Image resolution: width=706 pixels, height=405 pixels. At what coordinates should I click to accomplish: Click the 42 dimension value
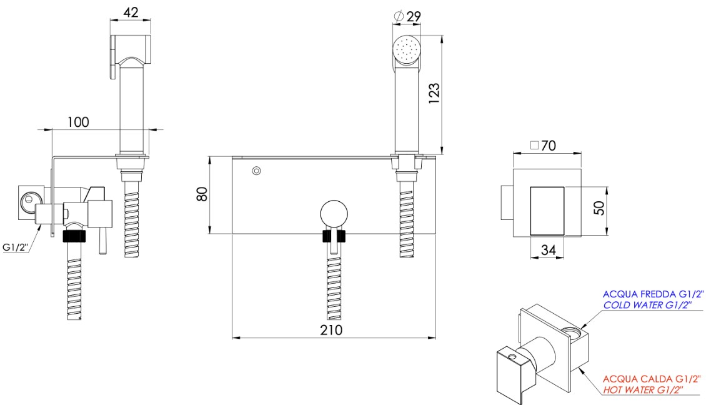[x=131, y=12]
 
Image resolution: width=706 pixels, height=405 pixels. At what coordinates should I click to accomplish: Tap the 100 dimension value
[x=78, y=122]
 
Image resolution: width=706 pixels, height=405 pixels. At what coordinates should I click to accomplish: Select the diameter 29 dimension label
[x=407, y=17]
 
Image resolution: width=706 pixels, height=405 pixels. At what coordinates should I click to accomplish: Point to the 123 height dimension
[x=434, y=94]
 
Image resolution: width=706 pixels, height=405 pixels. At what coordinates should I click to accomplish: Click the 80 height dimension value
[x=202, y=194]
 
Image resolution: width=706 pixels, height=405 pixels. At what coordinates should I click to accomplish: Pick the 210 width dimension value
[x=331, y=330]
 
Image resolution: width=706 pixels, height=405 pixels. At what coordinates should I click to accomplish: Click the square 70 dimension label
[x=543, y=146]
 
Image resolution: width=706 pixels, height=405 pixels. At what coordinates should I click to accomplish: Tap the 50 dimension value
[x=599, y=207]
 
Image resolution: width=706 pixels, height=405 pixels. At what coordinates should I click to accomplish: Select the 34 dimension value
[x=548, y=249]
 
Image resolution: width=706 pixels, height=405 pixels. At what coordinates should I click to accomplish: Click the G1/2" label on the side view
[x=16, y=247]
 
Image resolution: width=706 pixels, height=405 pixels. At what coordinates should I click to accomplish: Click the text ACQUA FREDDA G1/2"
[x=653, y=294]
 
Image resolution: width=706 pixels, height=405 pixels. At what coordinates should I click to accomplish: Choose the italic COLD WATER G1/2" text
[x=647, y=305]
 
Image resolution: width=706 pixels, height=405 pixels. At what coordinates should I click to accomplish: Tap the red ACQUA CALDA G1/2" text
[x=652, y=379]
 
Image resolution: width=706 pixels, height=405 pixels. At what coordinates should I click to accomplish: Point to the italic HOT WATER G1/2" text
[x=643, y=390]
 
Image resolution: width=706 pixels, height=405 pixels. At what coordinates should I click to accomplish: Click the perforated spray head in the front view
[x=407, y=49]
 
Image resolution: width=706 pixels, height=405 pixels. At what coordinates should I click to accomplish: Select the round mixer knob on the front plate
[x=334, y=214]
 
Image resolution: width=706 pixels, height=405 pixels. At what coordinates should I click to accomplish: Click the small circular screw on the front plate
[x=256, y=171]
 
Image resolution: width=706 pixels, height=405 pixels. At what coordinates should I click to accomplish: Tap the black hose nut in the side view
[x=74, y=236]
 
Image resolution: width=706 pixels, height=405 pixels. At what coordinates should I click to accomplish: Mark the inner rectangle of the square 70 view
[x=547, y=211]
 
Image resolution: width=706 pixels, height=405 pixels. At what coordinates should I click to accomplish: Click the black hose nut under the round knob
[x=334, y=236]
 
